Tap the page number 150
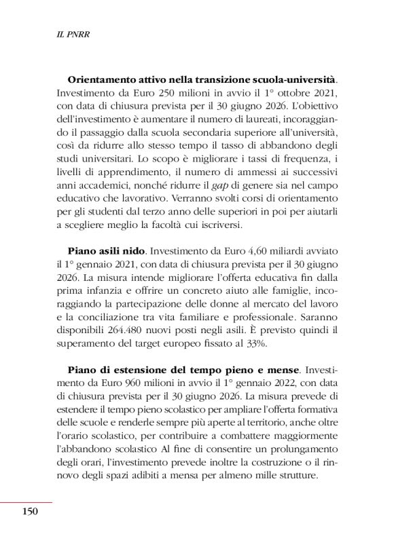26,510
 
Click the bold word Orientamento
104,79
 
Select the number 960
113,386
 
